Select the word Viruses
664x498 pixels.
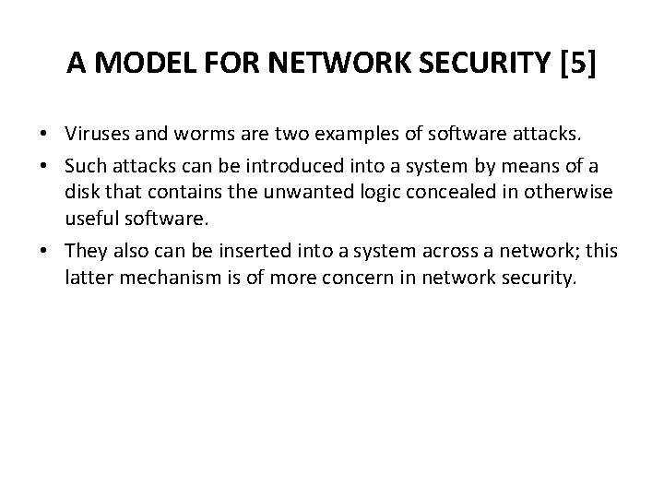(x=96, y=137)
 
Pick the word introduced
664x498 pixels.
(x=305, y=165)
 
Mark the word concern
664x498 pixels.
(x=346, y=279)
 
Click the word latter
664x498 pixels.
(x=86, y=279)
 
